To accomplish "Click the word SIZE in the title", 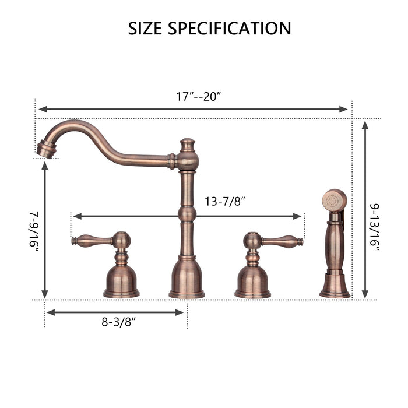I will click(147, 28).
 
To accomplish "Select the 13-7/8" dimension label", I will click(224, 202).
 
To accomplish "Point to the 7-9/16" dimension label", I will click(33, 231).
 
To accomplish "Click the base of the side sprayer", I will click(335, 286).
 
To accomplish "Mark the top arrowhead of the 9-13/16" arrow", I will click(365, 124).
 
